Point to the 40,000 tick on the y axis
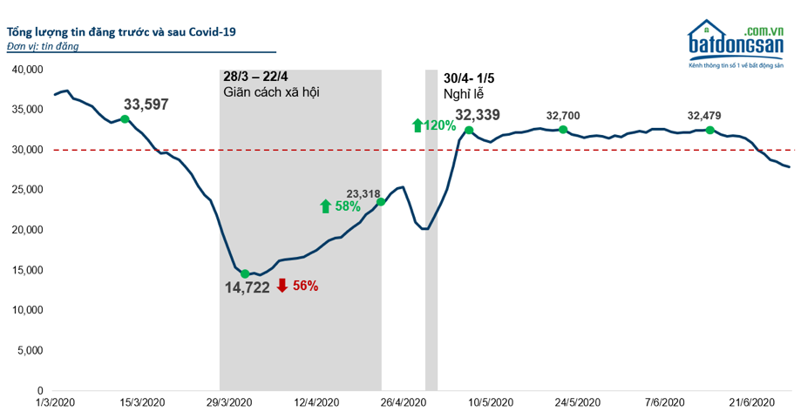pos(26,70)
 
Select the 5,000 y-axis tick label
pos(29,350)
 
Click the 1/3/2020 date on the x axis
pos(54,402)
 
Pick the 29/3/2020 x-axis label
pos(229,402)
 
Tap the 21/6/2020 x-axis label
pos(751,402)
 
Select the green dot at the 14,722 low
pos(245,273)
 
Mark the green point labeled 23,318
pos(381,202)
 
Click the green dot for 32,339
pos(469,131)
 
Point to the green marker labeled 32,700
pos(563,130)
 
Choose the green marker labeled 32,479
pos(709,130)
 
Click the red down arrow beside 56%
pos(282,285)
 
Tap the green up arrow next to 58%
pos(325,206)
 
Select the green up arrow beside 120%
pos(417,125)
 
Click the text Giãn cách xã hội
pos(271,91)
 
